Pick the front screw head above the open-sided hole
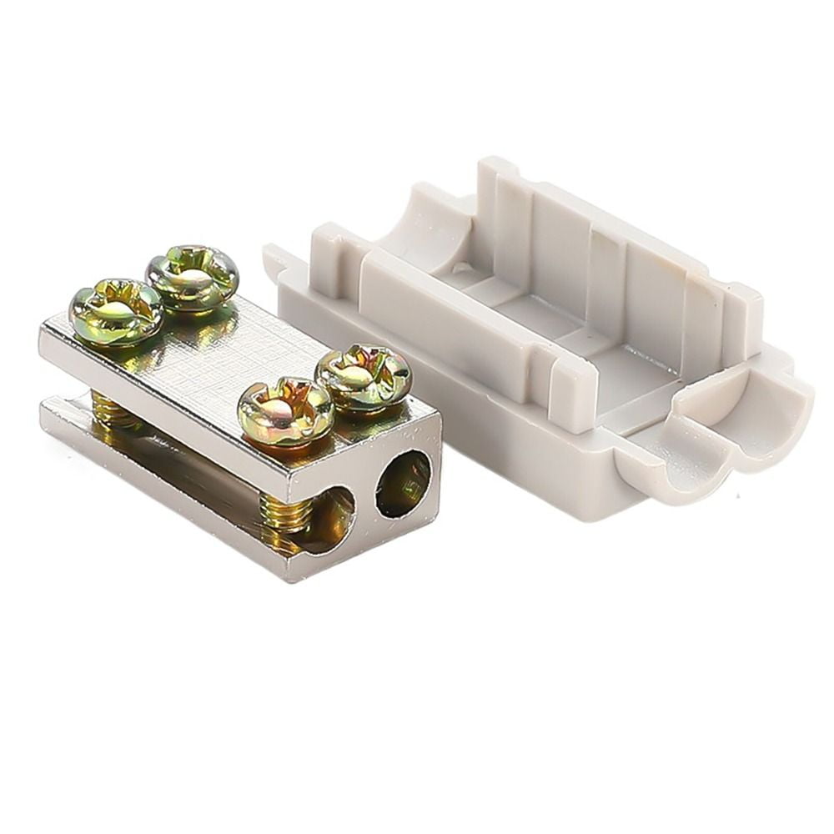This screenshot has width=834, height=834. pyautogui.click(x=286, y=410)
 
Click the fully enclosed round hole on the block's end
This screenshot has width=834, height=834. pyautogui.click(x=404, y=484)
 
